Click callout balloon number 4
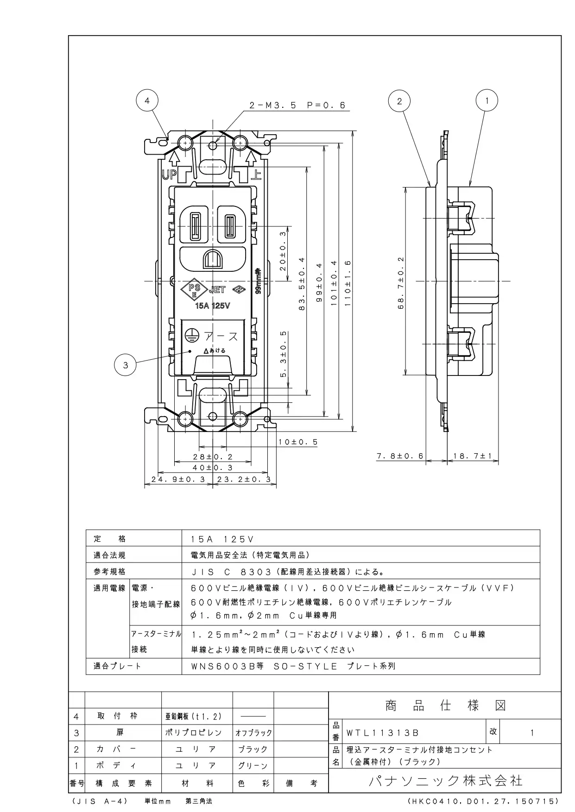[x=147, y=100]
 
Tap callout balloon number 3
[x=125, y=365]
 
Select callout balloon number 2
[x=399, y=100]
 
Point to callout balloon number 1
[x=487, y=100]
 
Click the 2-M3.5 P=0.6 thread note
[x=297, y=106]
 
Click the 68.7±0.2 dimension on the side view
[x=401, y=282]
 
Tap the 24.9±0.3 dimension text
[x=178, y=480]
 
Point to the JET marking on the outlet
[x=217, y=290]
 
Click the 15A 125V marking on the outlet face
[x=212, y=306]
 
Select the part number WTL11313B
[x=383, y=733]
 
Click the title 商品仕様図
[x=445, y=706]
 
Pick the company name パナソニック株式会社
[x=445, y=781]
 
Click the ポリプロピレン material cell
[x=194, y=733]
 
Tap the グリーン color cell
[x=253, y=765]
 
